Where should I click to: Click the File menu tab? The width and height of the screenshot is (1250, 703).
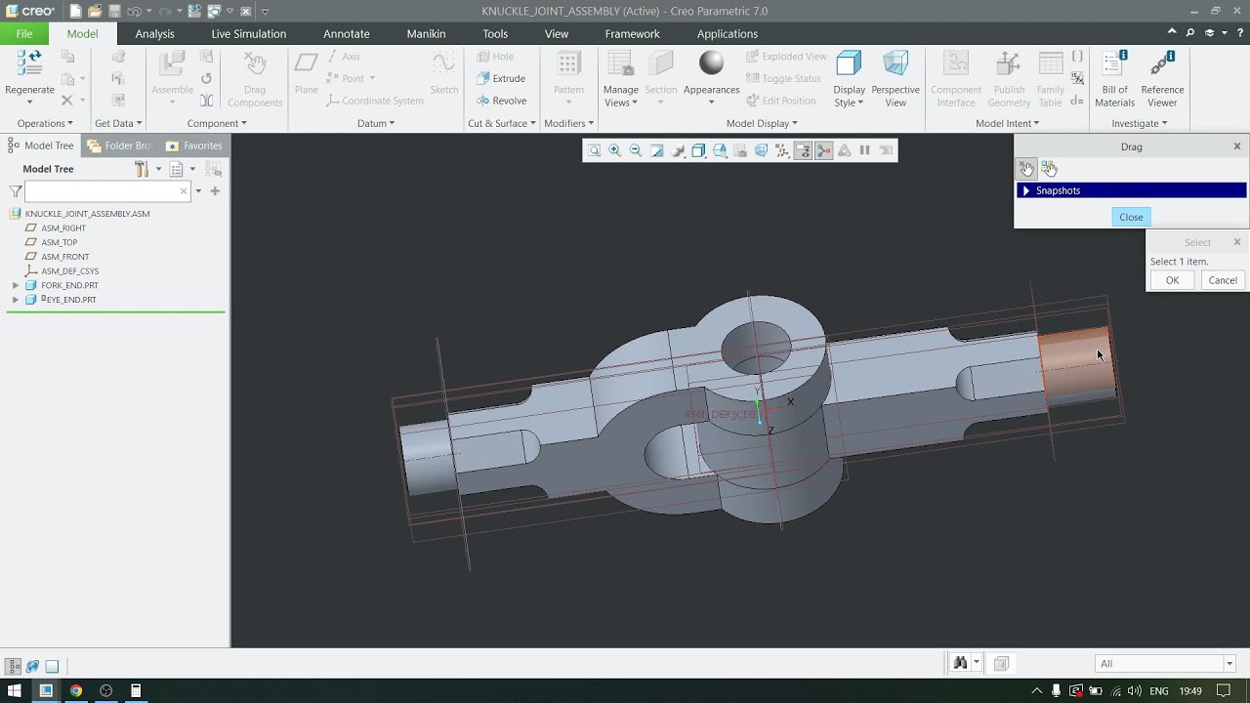click(x=23, y=33)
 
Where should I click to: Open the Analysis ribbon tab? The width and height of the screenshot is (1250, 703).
click(x=154, y=33)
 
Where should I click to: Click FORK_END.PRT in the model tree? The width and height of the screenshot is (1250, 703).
click(x=69, y=285)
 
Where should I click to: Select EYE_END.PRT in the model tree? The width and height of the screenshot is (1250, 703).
click(x=70, y=300)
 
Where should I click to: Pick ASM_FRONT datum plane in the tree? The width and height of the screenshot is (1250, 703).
click(x=64, y=257)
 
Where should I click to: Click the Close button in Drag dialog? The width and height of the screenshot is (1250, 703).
click(x=1131, y=217)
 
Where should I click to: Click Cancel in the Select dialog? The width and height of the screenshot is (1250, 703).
click(x=1223, y=280)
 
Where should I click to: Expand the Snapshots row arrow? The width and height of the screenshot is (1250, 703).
click(x=1025, y=190)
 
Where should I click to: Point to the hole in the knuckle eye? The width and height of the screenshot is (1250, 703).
click(x=757, y=345)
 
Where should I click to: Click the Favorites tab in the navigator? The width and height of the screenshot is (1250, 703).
click(x=194, y=145)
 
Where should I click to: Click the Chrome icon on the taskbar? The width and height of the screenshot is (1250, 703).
click(x=76, y=690)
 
